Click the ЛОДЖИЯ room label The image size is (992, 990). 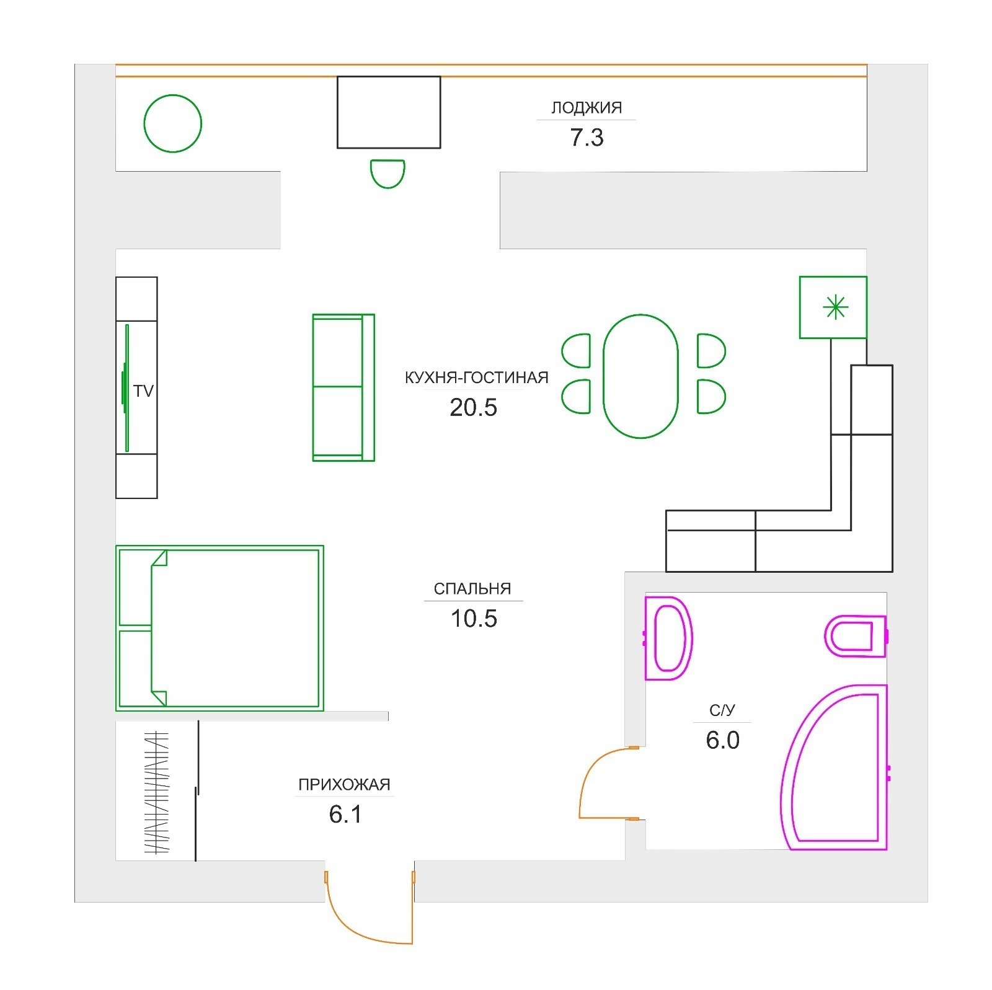[587, 108]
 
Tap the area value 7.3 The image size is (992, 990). [587, 138]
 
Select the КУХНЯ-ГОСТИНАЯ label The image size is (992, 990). [476, 378]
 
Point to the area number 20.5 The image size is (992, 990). [474, 408]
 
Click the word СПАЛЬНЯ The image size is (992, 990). [472, 589]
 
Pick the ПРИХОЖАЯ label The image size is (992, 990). [344, 785]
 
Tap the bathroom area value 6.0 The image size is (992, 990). [723, 740]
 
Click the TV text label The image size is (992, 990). [143, 391]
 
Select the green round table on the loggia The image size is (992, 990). [173, 123]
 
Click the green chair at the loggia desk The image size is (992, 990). [387, 174]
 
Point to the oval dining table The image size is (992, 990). [640, 376]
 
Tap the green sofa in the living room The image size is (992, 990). [343, 387]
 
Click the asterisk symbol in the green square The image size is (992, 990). [835, 307]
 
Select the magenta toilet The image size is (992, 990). [856, 636]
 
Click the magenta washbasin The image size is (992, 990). [668, 639]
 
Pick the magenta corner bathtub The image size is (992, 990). [834, 767]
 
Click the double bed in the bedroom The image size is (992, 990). [220, 628]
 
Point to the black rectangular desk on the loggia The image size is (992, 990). [389, 112]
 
